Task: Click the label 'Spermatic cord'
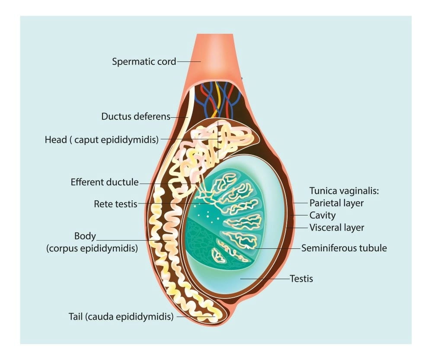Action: tap(144, 61)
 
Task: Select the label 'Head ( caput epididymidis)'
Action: tap(102, 140)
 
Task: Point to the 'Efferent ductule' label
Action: tap(105, 182)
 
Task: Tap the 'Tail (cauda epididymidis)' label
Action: tap(121, 316)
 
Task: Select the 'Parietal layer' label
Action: tap(336, 202)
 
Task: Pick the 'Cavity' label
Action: tap(323, 215)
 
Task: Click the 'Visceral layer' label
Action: tap(337, 227)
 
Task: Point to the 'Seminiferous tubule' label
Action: tap(344, 248)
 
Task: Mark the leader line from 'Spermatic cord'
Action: tap(189, 61)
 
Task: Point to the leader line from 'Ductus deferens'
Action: tap(179, 116)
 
